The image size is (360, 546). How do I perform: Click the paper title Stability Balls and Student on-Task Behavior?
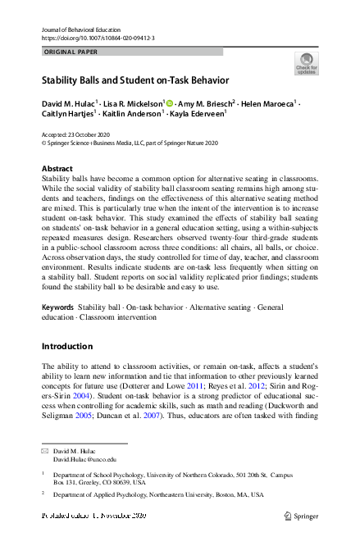point(135,81)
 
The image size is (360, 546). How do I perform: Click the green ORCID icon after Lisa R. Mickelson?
point(170,104)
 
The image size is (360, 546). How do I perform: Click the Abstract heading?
point(57,169)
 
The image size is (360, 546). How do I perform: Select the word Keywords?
point(57,307)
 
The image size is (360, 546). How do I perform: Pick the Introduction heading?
point(68,346)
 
